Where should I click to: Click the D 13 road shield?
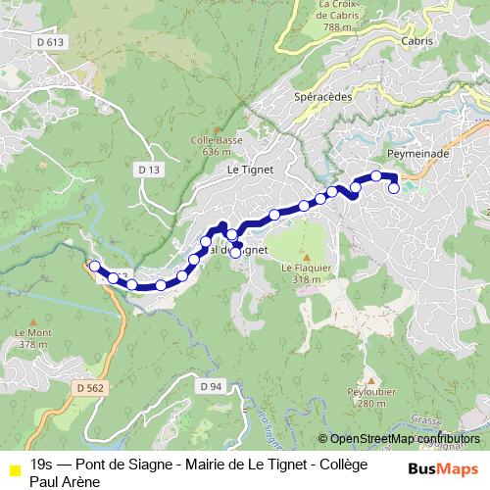[149, 170]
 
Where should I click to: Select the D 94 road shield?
[211, 386]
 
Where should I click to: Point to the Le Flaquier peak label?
[301, 268]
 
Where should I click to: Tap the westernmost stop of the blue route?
[94, 266]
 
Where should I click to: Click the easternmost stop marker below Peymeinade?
[394, 189]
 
